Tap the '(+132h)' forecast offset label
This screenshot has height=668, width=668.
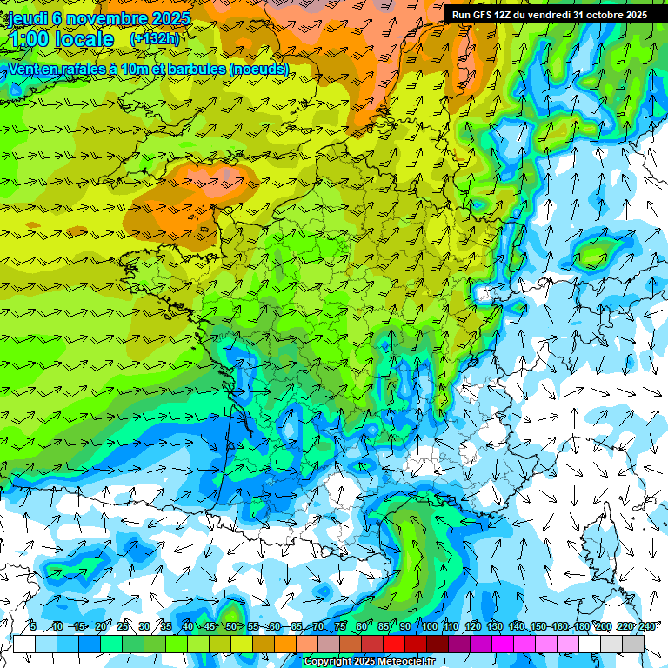pos(154,38)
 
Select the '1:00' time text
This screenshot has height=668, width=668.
pos(29,39)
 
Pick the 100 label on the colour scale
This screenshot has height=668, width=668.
pos(428,626)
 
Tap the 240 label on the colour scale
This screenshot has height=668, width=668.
pos(646,626)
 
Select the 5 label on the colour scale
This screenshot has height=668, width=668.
pos(33,626)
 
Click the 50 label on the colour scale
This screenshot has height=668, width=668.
pos(230,626)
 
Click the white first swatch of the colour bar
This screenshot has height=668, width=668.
pos(23,644)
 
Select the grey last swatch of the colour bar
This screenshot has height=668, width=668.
pos(633,644)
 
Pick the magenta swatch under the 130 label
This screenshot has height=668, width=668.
pos(503,644)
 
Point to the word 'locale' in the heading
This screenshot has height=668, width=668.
pos(83,39)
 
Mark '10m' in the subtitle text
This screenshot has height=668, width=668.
pos(134,69)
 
